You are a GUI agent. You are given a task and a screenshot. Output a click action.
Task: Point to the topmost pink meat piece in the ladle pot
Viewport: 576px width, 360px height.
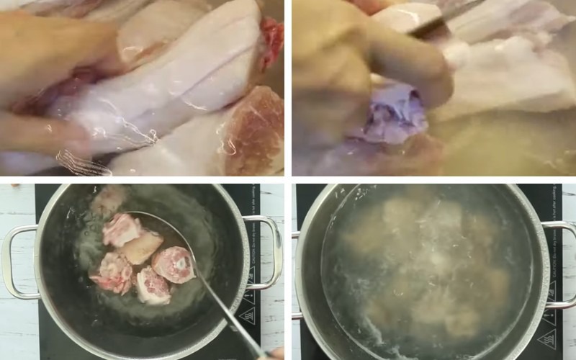coord(121,229)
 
